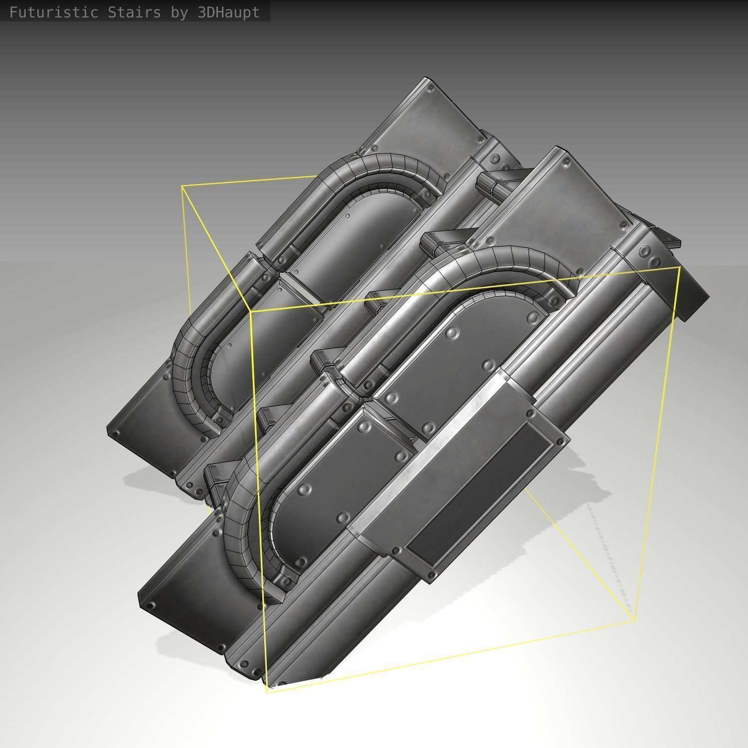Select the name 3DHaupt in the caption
point(228,12)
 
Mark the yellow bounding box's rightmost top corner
point(679,268)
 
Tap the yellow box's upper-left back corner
point(182,186)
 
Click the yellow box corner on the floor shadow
point(634,620)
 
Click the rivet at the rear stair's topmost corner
point(431,88)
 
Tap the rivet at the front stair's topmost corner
point(566,162)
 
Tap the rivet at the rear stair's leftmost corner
point(116,434)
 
